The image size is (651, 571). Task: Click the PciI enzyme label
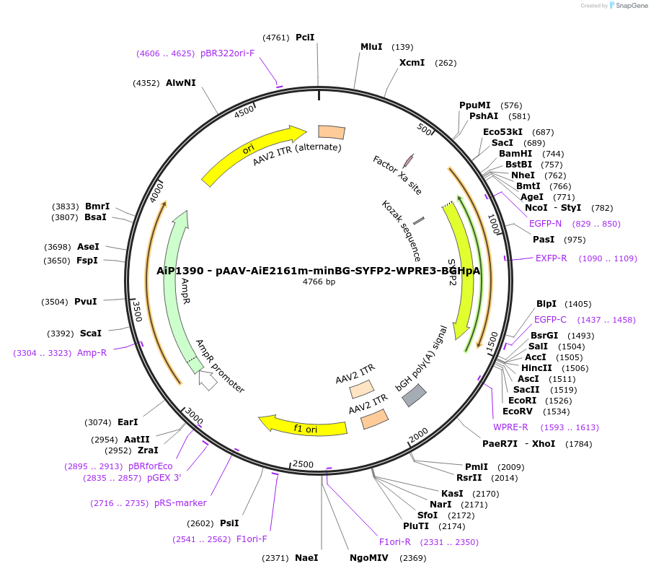point(305,38)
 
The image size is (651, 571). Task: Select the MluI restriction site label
point(371,47)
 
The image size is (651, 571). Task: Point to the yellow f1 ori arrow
point(303,427)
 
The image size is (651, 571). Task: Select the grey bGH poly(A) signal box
point(414,394)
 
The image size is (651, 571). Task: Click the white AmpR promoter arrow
point(208,380)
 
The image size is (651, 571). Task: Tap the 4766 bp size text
point(319,282)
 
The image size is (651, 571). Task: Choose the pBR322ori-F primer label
point(227,53)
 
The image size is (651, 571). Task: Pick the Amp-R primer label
point(92,353)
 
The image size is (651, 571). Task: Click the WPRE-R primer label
point(510,427)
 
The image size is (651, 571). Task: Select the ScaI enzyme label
point(90,334)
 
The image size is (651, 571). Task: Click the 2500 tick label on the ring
point(303,463)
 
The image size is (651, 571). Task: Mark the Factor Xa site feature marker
point(408,160)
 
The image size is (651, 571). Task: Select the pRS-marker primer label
point(180,503)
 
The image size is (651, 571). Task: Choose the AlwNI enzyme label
point(180,83)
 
